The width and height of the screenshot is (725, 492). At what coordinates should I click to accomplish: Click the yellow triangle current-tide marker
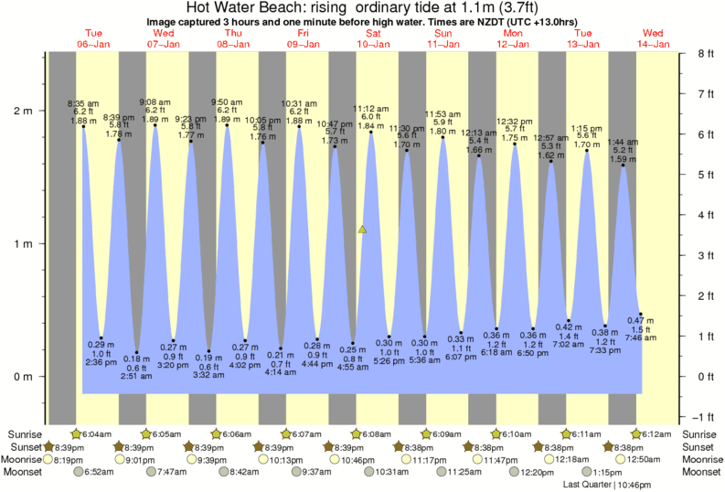pos(363,230)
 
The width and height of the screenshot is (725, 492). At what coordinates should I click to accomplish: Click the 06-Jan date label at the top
pos(94,43)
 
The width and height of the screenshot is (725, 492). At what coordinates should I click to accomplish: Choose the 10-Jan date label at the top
pos(373,43)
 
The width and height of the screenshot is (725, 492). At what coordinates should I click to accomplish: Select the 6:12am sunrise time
pos(658,434)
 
